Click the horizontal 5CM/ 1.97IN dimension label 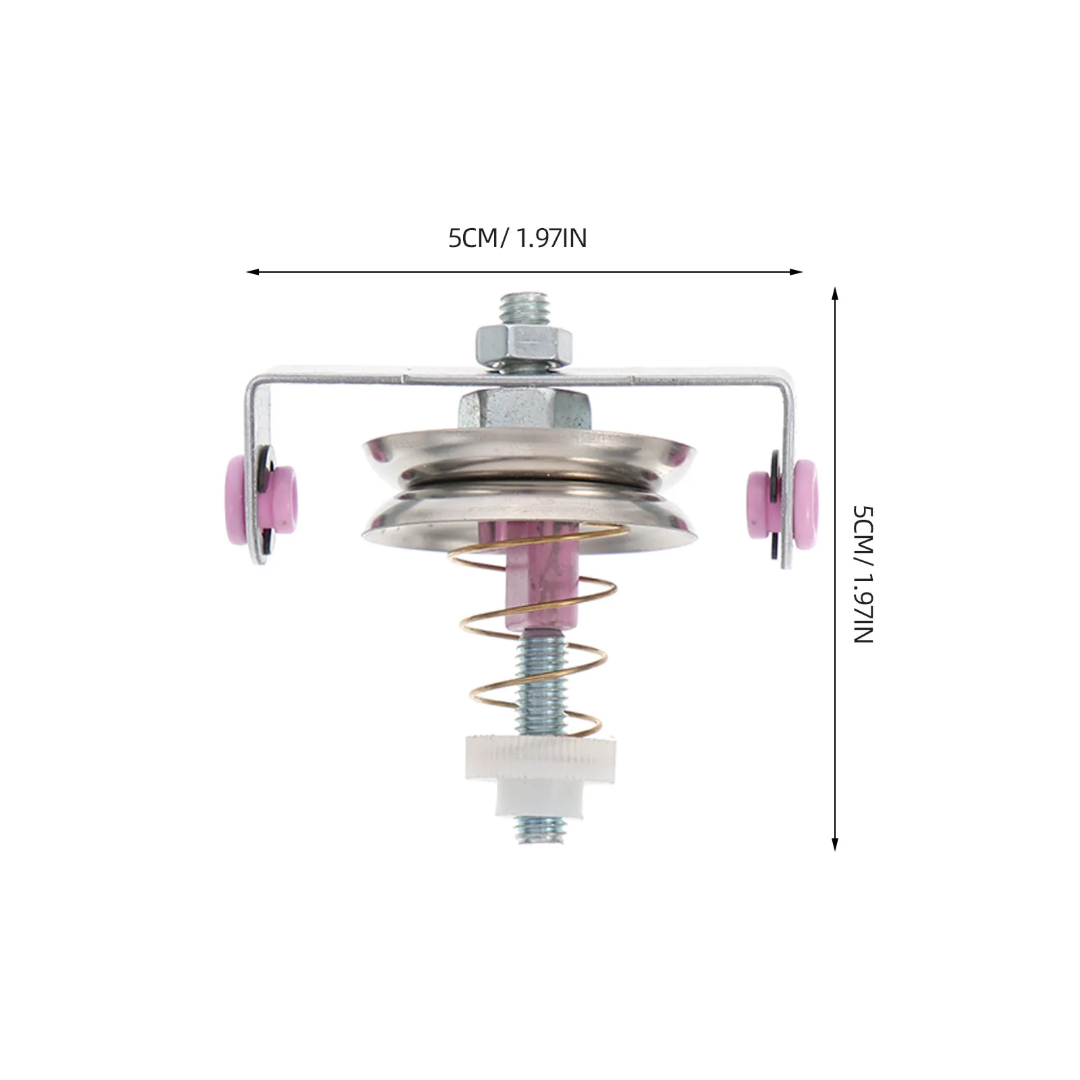tap(518, 238)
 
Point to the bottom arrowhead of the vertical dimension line tap(835, 843)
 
